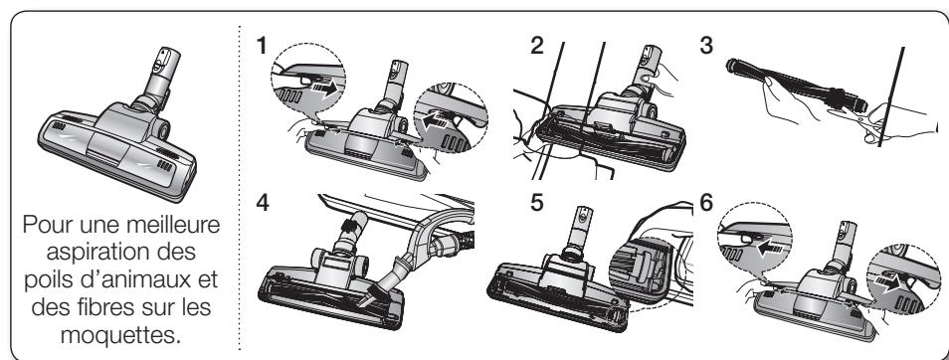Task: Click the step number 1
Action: pos(261,46)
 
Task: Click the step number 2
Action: pos(537,46)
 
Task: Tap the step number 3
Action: pos(706,46)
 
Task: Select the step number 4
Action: pos(262,203)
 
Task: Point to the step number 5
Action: pos(537,203)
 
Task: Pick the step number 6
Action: pos(706,203)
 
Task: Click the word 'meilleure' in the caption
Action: pos(174,225)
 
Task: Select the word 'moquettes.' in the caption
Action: pos(121,334)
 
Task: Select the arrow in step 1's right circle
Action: pos(437,118)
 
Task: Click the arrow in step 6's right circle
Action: pos(888,282)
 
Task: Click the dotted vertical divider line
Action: pos(240,188)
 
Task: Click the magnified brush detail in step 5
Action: pos(641,269)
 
